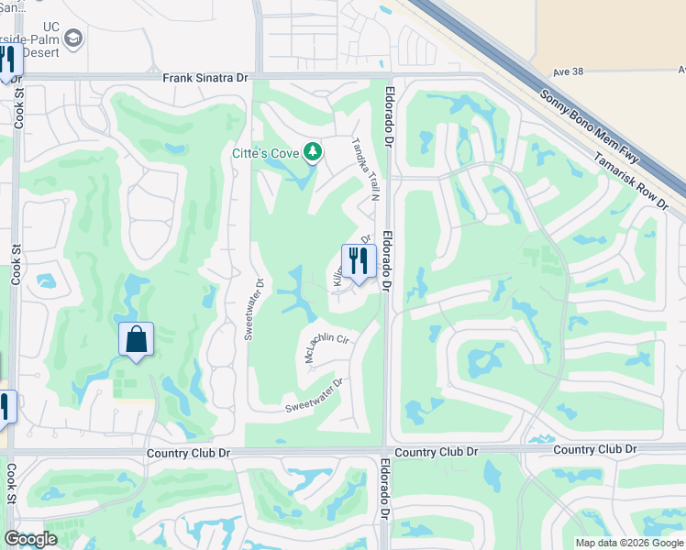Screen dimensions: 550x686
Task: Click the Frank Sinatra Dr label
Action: tap(205, 79)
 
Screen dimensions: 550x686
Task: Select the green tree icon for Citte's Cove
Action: tap(313, 150)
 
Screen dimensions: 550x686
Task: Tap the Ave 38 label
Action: tap(570, 71)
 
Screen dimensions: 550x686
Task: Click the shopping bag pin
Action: tap(136, 340)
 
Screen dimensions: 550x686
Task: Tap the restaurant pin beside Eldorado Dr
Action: tap(359, 261)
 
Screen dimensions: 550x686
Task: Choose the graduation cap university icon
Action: tap(73, 38)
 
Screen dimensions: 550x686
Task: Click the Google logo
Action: tap(31, 539)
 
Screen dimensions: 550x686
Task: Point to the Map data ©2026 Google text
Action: tap(629, 543)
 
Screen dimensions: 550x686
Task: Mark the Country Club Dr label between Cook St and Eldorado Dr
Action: tap(191, 454)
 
